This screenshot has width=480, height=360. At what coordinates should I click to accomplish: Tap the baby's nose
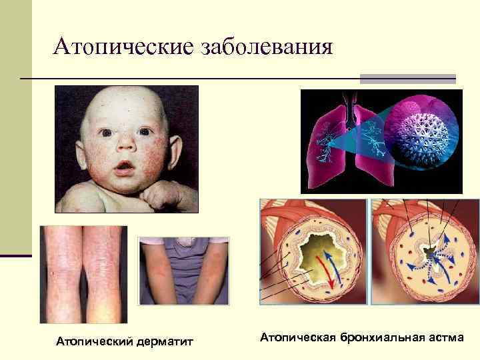125,148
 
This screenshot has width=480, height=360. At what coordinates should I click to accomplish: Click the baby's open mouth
123,167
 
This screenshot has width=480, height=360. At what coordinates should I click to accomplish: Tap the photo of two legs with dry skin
83,273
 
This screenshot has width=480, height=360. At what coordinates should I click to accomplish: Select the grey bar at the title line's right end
407,79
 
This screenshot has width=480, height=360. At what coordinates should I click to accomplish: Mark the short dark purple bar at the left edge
15,255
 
